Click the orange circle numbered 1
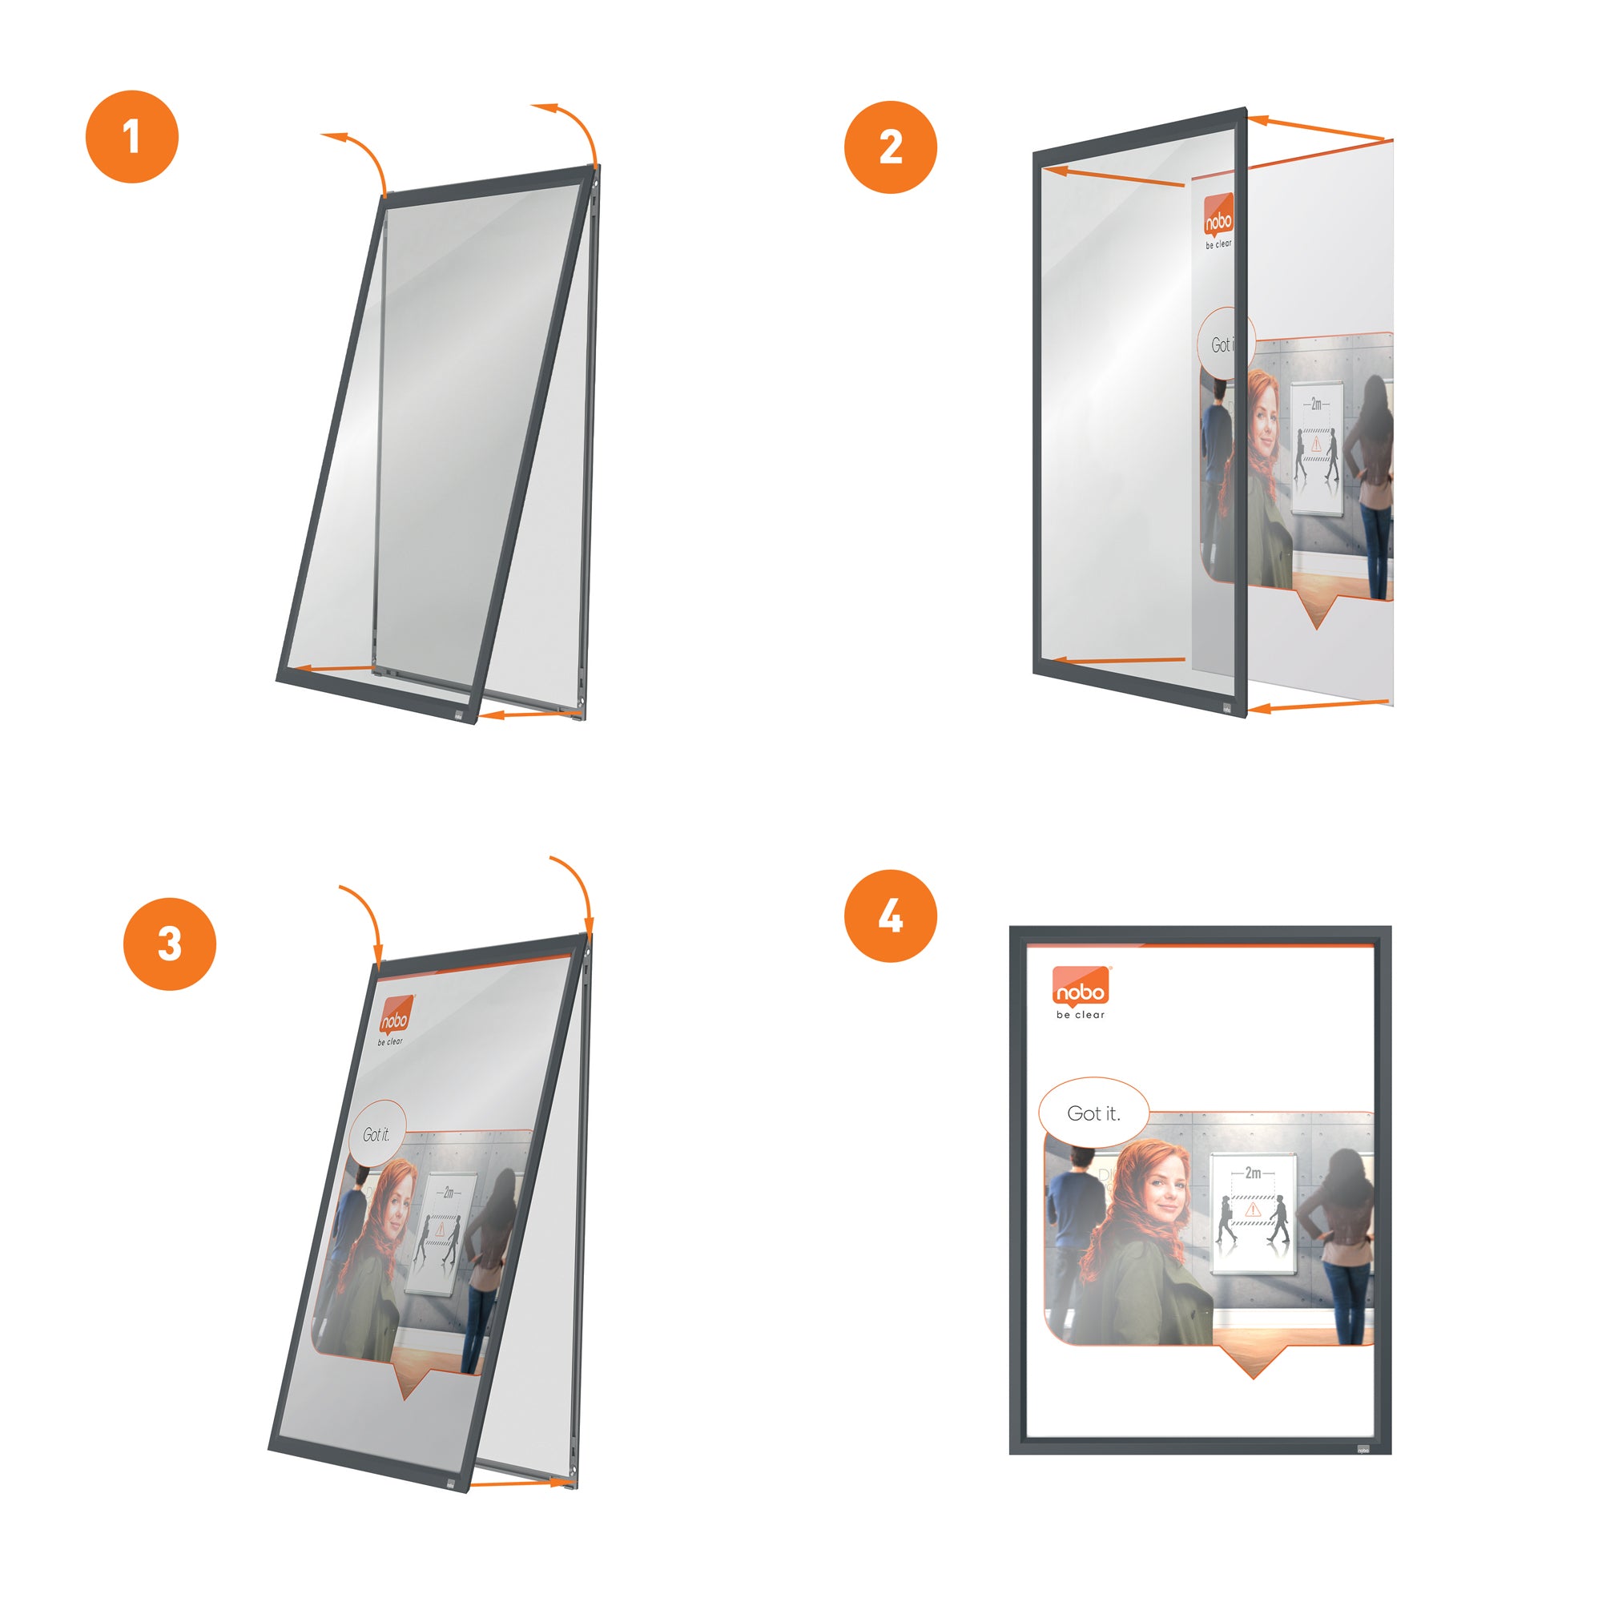pos(132,137)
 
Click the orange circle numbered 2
pos(890,147)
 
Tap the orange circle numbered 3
pos(169,944)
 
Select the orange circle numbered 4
pos(890,916)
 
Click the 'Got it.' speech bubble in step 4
pos(1093,1113)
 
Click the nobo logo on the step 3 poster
pos(395,1016)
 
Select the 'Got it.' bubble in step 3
pos(376,1134)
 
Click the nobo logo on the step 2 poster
pos(1218,217)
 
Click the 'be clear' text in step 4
pos(1080,1015)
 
